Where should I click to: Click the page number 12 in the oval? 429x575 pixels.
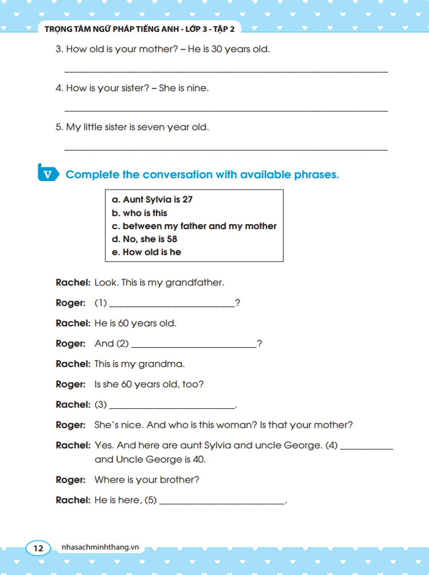pos(38,548)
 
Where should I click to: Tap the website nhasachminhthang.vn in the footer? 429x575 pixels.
pos(100,547)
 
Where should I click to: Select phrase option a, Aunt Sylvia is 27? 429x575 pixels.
pos(152,200)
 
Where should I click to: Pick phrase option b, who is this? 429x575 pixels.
pos(139,213)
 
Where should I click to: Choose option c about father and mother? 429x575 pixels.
pos(194,226)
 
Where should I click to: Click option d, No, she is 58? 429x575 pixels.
pos(144,239)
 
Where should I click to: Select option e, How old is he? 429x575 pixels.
pos(146,252)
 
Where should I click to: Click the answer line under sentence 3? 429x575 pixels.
pos(226,71)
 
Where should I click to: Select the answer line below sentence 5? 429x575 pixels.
pos(226,149)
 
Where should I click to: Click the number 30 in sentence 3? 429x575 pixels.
pos(216,49)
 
